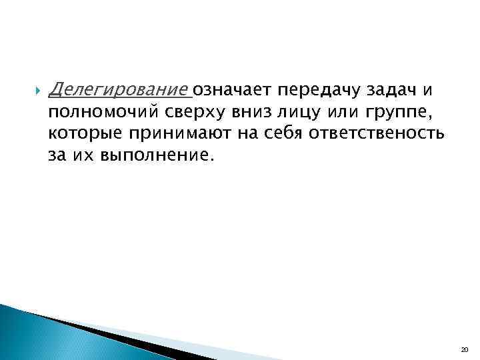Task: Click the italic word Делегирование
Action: (119, 89)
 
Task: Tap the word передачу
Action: (311, 89)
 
